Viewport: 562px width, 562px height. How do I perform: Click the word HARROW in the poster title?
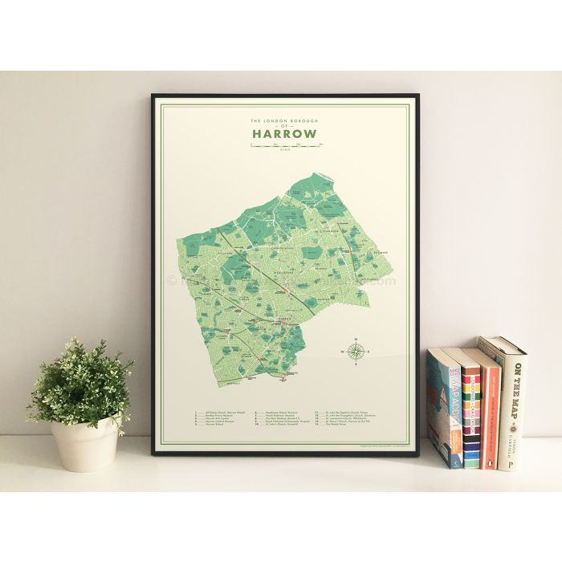(285, 133)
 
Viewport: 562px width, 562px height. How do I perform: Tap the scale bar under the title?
(286, 145)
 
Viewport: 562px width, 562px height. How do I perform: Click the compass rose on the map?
(356, 350)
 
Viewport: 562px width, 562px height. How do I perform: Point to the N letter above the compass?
(356, 336)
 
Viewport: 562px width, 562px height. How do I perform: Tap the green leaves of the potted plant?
(80, 384)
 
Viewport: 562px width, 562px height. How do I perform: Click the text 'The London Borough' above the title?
(285, 120)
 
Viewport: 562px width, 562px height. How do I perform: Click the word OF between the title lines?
(285, 126)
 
